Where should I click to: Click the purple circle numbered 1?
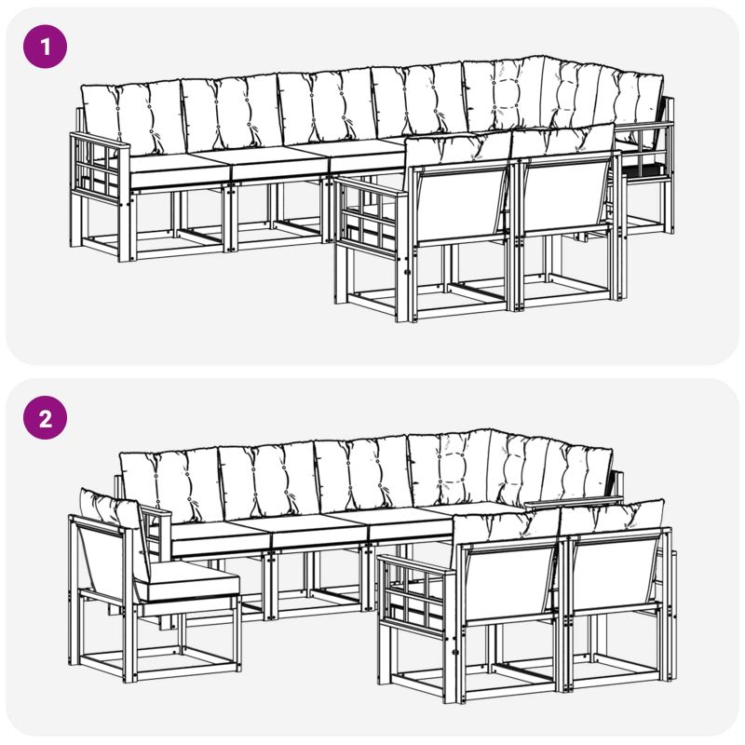45,47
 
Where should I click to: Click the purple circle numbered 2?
45,417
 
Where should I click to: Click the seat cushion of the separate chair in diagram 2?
190,584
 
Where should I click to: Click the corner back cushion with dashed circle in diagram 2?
451,468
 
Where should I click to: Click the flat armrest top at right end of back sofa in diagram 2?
574,500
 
